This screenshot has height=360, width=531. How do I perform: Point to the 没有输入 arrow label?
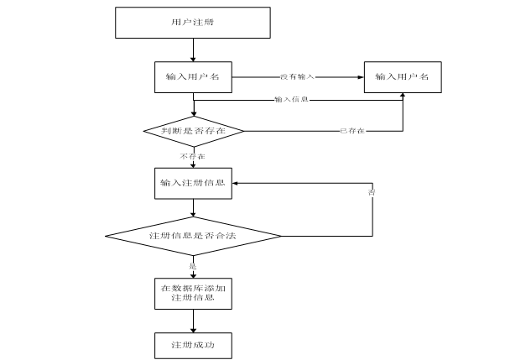tap(297, 77)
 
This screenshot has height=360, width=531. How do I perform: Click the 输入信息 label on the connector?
tap(291, 100)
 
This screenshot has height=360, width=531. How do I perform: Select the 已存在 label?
tap(352, 131)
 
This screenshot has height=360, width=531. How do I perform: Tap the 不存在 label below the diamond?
tap(192, 156)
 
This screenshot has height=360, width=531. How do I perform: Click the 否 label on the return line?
tap(372, 192)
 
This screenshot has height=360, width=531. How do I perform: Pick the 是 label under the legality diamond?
tap(193, 266)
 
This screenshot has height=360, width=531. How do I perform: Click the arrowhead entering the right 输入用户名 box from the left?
tap(361, 77)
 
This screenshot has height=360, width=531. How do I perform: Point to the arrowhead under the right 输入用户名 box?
tap(403, 96)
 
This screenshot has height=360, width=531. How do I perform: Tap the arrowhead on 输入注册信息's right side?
tap(236, 183)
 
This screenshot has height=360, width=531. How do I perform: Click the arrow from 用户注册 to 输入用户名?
tap(194, 50)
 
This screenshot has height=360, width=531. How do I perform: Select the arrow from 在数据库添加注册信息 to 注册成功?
tap(194, 321)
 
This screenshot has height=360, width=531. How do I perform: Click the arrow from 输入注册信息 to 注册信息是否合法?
tap(194, 208)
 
